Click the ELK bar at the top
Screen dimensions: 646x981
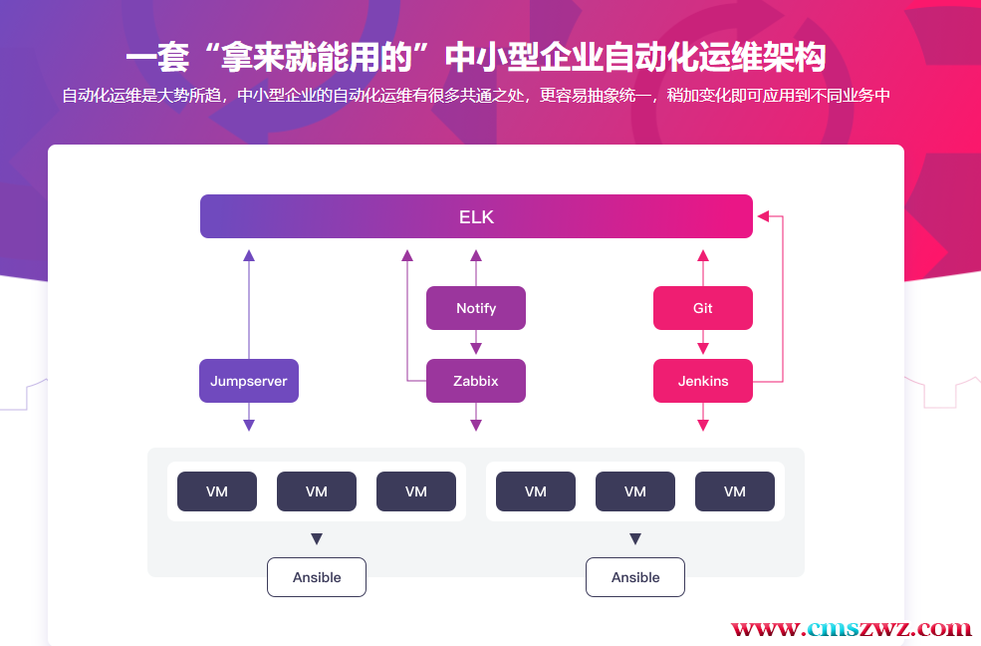click(x=476, y=216)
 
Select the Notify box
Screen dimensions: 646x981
click(x=476, y=308)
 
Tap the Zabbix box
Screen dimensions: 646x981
click(x=476, y=381)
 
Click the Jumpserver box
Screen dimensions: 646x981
click(x=249, y=381)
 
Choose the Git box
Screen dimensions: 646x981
click(x=703, y=308)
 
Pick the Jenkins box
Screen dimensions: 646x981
click(x=703, y=381)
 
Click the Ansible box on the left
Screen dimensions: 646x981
click(x=317, y=577)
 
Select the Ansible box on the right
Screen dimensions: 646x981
click(x=635, y=577)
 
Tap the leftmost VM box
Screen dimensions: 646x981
click(x=217, y=491)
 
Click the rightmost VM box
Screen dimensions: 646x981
click(x=735, y=491)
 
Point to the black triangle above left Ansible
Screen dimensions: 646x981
click(x=317, y=539)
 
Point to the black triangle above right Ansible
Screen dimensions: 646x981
click(x=635, y=539)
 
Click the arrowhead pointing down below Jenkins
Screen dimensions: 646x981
click(x=703, y=425)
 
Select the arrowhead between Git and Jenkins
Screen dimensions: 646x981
click(x=703, y=349)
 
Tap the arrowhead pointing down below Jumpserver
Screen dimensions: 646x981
click(x=249, y=425)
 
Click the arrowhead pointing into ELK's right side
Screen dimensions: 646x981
click(x=764, y=214)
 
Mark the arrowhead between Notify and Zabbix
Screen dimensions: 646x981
click(x=476, y=349)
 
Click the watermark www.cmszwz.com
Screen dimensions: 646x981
click(x=852, y=629)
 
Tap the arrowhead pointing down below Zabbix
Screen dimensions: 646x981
click(x=476, y=425)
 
